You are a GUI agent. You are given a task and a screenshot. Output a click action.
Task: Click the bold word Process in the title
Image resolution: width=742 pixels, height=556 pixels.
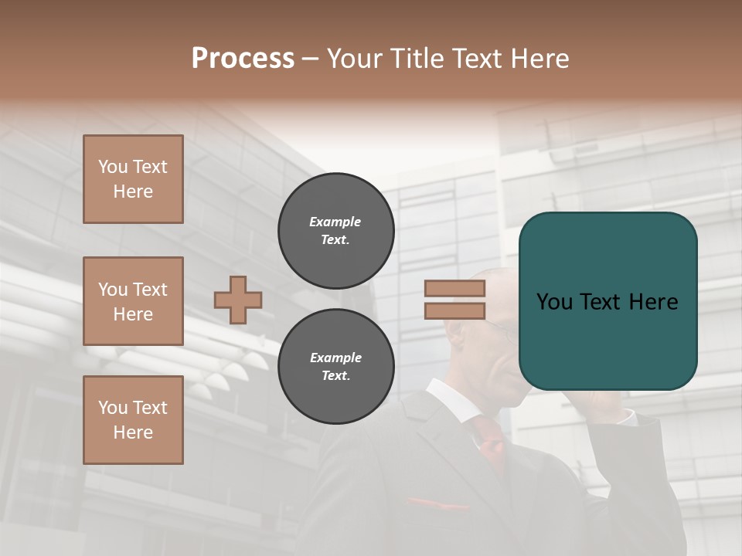click(243, 59)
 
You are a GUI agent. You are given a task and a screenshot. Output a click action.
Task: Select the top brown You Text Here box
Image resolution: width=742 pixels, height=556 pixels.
click(133, 179)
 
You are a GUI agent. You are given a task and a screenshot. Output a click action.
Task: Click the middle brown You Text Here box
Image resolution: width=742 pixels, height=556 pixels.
click(133, 301)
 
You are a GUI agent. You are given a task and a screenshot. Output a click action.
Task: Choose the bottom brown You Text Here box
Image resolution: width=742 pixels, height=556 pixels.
click(133, 420)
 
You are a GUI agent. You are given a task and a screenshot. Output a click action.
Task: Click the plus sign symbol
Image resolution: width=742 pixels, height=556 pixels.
click(238, 300)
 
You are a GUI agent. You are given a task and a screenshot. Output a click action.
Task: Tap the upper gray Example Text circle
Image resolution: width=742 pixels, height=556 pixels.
click(335, 231)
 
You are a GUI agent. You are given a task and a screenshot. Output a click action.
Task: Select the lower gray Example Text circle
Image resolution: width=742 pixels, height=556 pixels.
click(335, 367)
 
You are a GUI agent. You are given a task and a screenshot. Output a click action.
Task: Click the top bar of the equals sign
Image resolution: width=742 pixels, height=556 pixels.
click(454, 289)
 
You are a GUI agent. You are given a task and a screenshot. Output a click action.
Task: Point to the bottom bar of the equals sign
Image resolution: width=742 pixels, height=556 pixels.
click(454, 310)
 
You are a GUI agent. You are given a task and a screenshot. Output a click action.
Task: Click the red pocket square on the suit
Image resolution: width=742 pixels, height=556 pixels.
click(437, 504)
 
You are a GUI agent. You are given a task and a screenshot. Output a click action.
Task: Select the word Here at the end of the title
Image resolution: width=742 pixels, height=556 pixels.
click(539, 59)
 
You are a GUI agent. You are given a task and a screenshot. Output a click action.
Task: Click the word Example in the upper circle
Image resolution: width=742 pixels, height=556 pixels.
click(335, 222)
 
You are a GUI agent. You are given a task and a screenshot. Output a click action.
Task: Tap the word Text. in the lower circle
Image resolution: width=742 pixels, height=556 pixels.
click(335, 376)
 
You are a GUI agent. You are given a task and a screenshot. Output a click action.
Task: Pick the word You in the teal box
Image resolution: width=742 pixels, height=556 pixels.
click(554, 302)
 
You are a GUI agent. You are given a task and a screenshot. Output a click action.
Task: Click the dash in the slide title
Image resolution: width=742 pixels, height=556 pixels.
click(310, 59)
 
